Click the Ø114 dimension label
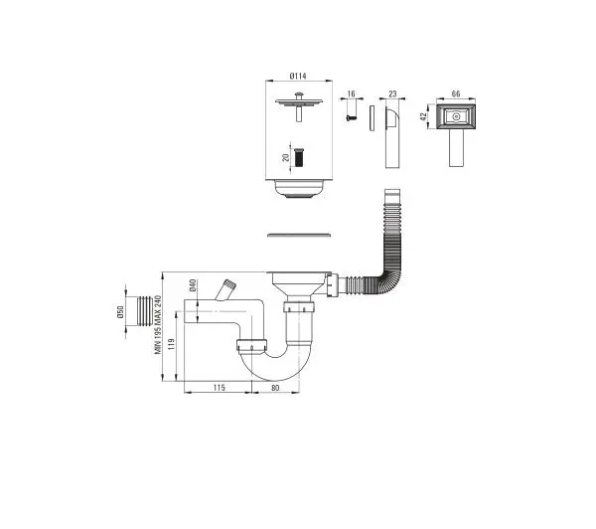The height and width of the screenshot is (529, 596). pyautogui.click(x=298, y=77)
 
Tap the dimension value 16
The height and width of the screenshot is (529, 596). pyautogui.click(x=351, y=93)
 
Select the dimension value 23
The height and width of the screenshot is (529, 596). pyautogui.click(x=392, y=93)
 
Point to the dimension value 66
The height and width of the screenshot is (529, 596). pyautogui.click(x=456, y=93)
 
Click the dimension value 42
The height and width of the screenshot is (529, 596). pyautogui.click(x=423, y=116)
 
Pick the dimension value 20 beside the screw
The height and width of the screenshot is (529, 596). pyautogui.click(x=286, y=157)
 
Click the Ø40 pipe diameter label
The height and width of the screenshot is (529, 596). pyautogui.click(x=193, y=285)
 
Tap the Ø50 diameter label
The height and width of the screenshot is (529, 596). pyautogui.click(x=120, y=312)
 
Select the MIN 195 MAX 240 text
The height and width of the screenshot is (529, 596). pyautogui.click(x=158, y=325)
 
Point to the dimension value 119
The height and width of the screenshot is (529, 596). pyautogui.click(x=171, y=344)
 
